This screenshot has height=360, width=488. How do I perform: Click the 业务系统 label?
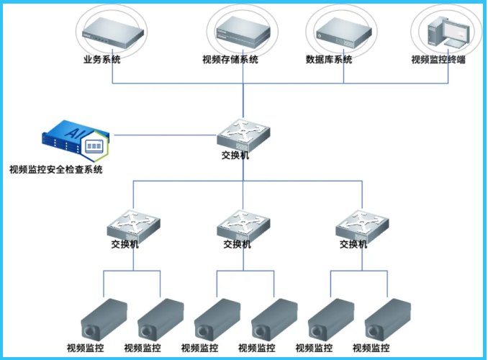[101, 60]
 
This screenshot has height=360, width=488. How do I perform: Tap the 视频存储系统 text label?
[230, 60]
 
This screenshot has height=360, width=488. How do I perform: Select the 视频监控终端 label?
[438, 60]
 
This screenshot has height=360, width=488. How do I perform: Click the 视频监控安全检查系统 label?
[55, 171]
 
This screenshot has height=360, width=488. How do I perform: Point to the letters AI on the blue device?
[73, 132]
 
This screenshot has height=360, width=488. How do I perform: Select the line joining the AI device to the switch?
[166, 134]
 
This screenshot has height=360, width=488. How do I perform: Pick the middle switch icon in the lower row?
[243, 225]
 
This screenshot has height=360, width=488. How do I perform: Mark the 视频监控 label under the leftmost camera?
[84, 348]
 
